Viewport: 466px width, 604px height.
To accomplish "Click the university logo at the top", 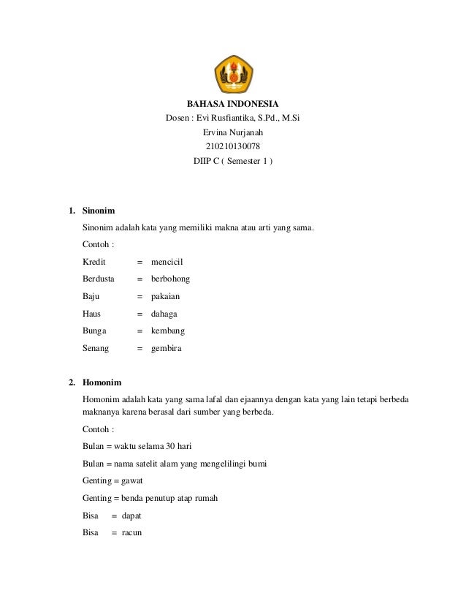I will coord(232,74).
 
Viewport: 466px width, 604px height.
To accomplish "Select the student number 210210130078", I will coord(232,146).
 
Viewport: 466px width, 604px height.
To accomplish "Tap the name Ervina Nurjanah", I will coord(232,132).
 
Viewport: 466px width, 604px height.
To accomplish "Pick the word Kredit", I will coord(94,261).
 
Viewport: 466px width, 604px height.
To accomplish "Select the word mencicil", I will coord(167,261).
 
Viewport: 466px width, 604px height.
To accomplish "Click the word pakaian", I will coord(165,296).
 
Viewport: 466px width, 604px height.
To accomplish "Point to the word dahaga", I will coord(164,314).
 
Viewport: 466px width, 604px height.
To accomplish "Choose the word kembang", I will coord(168,331).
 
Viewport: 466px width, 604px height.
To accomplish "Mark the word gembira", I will coord(167,349).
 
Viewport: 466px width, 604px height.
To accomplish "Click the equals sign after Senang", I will coord(140,349).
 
